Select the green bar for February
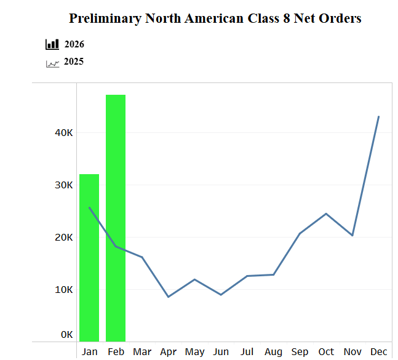(x=116, y=218)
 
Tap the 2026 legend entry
(x=74, y=44)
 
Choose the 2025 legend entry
(x=74, y=62)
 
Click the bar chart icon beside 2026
(x=52, y=44)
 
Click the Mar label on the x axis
(x=142, y=352)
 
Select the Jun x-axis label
(x=221, y=352)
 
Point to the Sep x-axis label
(x=300, y=352)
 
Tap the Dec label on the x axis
(x=379, y=352)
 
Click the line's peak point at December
(x=378, y=116)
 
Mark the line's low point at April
(x=168, y=297)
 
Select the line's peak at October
(x=326, y=214)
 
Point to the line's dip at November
(x=352, y=235)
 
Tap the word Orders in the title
(x=339, y=18)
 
